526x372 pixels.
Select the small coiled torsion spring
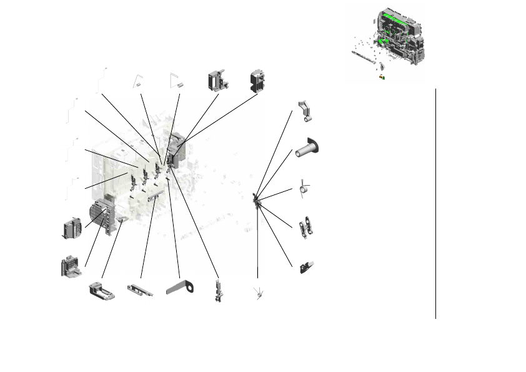point(304,188)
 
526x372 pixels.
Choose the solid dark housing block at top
point(257,80)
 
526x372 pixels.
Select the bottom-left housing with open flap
point(71,266)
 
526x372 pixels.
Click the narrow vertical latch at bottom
point(218,291)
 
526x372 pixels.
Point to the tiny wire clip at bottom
point(257,293)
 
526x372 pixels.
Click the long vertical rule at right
point(435,203)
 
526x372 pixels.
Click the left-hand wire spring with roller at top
point(137,81)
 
